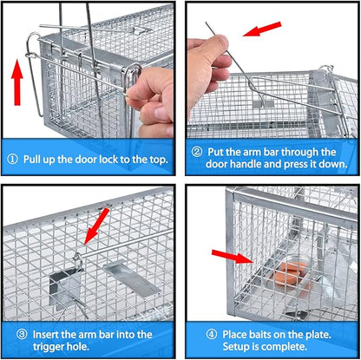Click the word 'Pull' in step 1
tap(34, 159)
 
